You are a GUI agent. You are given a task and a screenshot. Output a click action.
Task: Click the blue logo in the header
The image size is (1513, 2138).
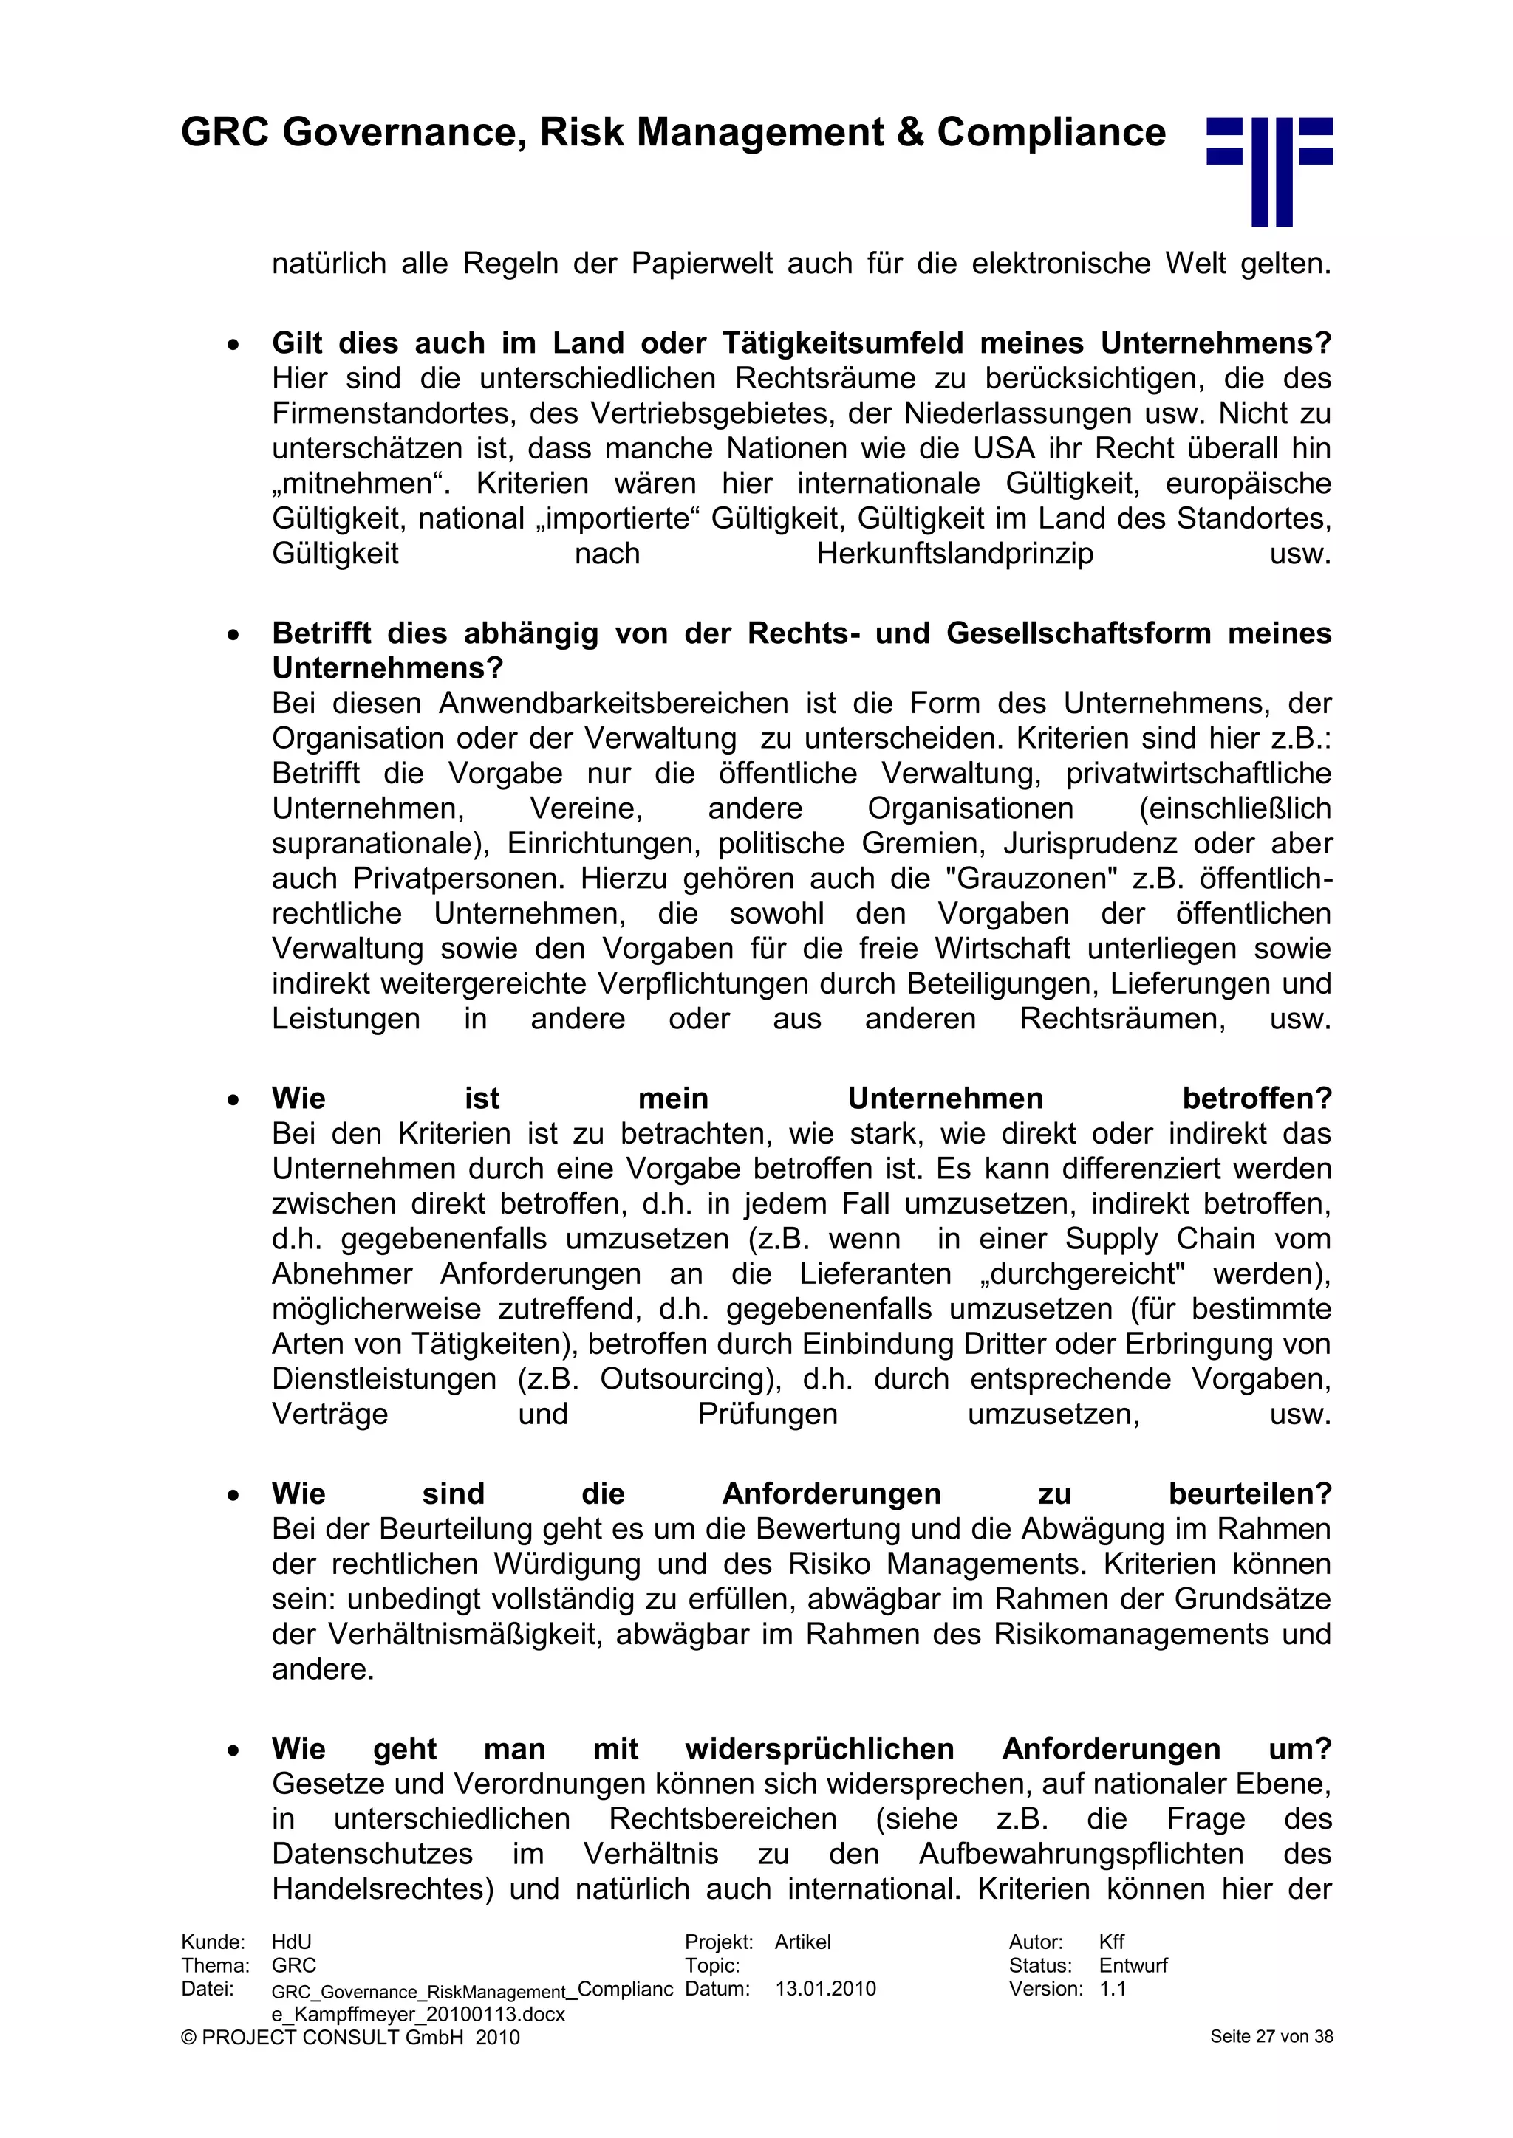[1269, 171]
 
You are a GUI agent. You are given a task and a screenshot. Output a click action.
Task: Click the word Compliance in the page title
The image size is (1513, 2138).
[1051, 132]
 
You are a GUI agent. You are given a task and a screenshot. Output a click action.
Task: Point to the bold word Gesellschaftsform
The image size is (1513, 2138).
[1079, 633]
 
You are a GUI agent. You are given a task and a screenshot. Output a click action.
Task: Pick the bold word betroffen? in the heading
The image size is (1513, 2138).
[1257, 1099]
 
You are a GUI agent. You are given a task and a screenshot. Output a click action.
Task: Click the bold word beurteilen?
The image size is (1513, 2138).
[1250, 1494]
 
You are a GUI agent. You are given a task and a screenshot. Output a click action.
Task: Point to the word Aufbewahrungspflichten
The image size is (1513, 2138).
[1081, 1854]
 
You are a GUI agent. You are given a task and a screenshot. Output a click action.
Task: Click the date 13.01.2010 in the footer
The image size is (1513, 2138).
[825, 1989]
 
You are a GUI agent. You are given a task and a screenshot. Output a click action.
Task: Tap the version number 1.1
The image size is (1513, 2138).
[1113, 1989]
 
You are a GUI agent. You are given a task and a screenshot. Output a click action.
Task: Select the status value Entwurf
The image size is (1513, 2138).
[1133, 1966]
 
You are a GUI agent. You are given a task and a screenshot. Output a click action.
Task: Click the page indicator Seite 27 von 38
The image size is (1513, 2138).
[1271, 2037]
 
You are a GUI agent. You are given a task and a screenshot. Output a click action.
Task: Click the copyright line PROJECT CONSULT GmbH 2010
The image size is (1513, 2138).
[350, 2038]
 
